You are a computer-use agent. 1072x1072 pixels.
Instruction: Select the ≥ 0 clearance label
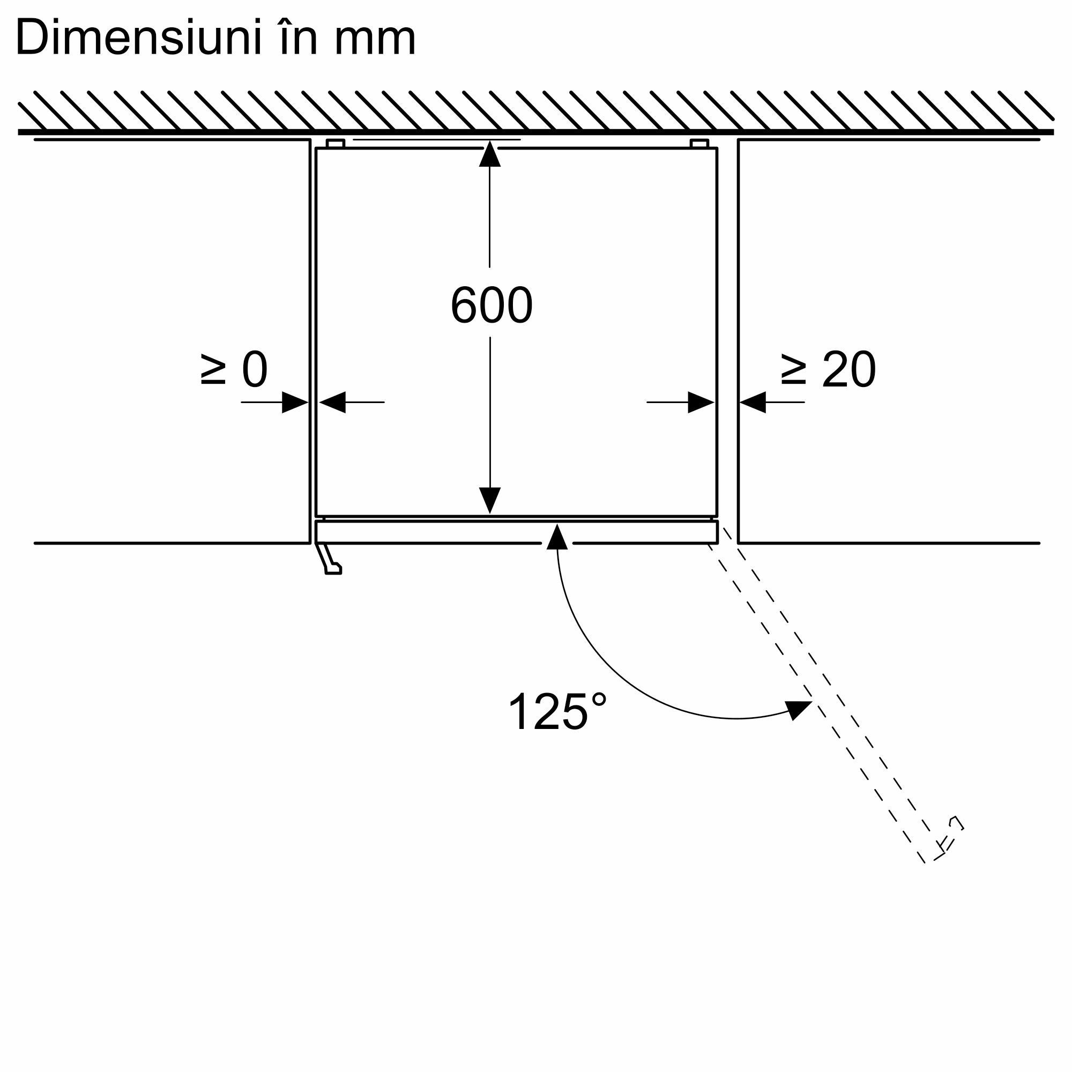tap(234, 369)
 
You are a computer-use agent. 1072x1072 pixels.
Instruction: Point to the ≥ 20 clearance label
tap(828, 369)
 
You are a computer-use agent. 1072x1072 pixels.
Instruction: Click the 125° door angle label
tap(557, 712)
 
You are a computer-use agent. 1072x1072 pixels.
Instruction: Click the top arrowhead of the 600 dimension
tap(489, 154)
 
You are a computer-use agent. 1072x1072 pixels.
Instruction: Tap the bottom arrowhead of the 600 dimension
tap(490, 501)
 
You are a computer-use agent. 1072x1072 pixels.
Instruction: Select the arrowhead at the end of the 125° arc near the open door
tap(799, 710)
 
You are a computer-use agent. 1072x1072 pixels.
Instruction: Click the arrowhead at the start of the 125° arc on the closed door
tap(557, 537)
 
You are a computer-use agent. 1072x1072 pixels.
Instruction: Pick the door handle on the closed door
tap(329, 558)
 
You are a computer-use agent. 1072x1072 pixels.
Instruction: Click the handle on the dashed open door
tap(949, 846)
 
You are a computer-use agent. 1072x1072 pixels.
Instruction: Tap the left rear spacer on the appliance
tap(336, 144)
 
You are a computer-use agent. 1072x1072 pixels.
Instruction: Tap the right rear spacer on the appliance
tap(699, 144)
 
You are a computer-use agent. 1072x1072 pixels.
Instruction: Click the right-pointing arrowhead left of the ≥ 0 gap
tap(295, 403)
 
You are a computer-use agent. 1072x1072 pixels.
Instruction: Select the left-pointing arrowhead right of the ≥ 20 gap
tap(753, 403)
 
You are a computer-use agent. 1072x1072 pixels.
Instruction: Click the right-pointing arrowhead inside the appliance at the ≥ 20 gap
tap(701, 403)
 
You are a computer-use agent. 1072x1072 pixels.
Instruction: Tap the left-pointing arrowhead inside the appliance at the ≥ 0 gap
tap(332, 403)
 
